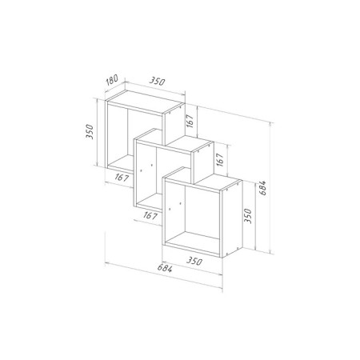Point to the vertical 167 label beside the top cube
tap(190, 122)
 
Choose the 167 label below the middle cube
tap(150, 214)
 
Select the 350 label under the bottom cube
tap(190, 260)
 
